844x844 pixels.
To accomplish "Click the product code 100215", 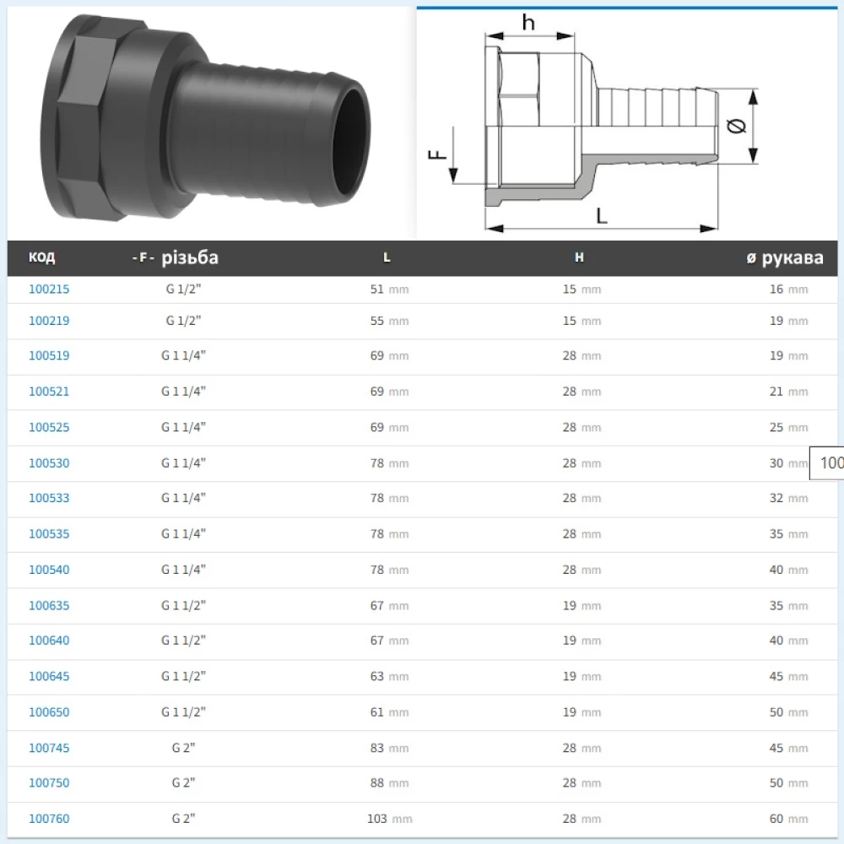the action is (x=49, y=289).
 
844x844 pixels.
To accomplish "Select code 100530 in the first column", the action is (x=49, y=463).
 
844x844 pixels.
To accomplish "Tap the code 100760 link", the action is (x=49, y=819).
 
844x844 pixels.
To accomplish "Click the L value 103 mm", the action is (x=390, y=819).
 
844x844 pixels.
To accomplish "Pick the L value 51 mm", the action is (x=390, y=289).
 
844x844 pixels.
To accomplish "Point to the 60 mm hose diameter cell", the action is (x=788, y=819).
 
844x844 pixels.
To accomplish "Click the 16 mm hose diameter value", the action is (x=788, y=289).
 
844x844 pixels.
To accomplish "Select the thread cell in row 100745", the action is (x=183, y=748).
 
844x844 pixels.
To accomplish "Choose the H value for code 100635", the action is (x=582, y=605).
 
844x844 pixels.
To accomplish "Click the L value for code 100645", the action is (x=390, y=676).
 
